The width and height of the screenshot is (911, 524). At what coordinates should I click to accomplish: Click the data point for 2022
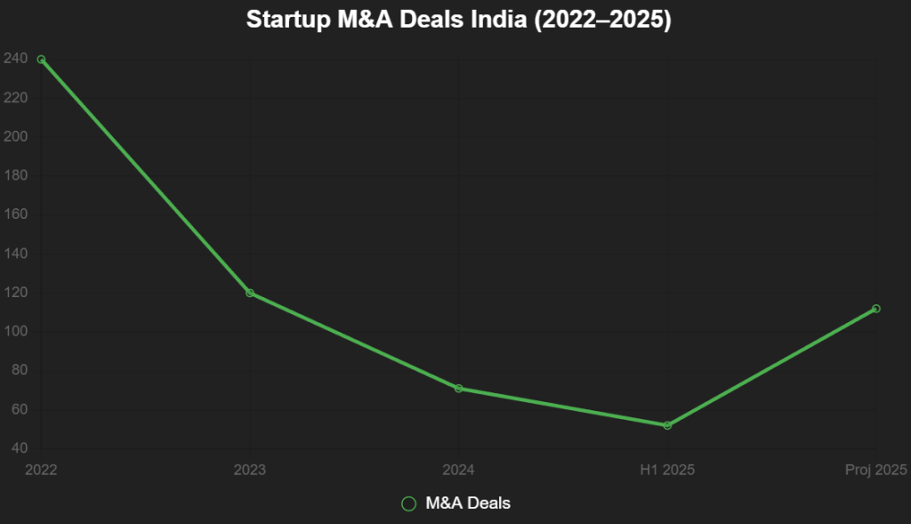click(x=41, y=60)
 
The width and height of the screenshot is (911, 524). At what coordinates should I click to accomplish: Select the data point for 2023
click(x=250, y=293)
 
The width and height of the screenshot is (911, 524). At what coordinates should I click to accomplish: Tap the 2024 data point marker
click(x=458, y=388)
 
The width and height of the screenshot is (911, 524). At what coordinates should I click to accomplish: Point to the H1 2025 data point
click(x=667, y=425)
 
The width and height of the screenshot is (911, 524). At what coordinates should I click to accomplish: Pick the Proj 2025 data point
click(x=876, y=309)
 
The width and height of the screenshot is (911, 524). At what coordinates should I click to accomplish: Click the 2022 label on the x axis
click(x=41, y=469)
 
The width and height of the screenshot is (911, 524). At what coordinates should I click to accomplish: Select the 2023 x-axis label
click(x=250, y=469)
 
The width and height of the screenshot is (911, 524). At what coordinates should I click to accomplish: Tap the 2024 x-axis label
click(x=458, y=469)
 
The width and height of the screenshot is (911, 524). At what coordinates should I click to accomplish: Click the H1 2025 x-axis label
click(x=667, y=469)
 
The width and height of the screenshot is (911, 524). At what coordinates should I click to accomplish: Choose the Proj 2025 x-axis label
click(x=875, y=469)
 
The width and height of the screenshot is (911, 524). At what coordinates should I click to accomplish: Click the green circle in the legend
click(x=409, y=504)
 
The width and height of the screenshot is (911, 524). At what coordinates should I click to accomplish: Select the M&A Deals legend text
click(x=468, y=504)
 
